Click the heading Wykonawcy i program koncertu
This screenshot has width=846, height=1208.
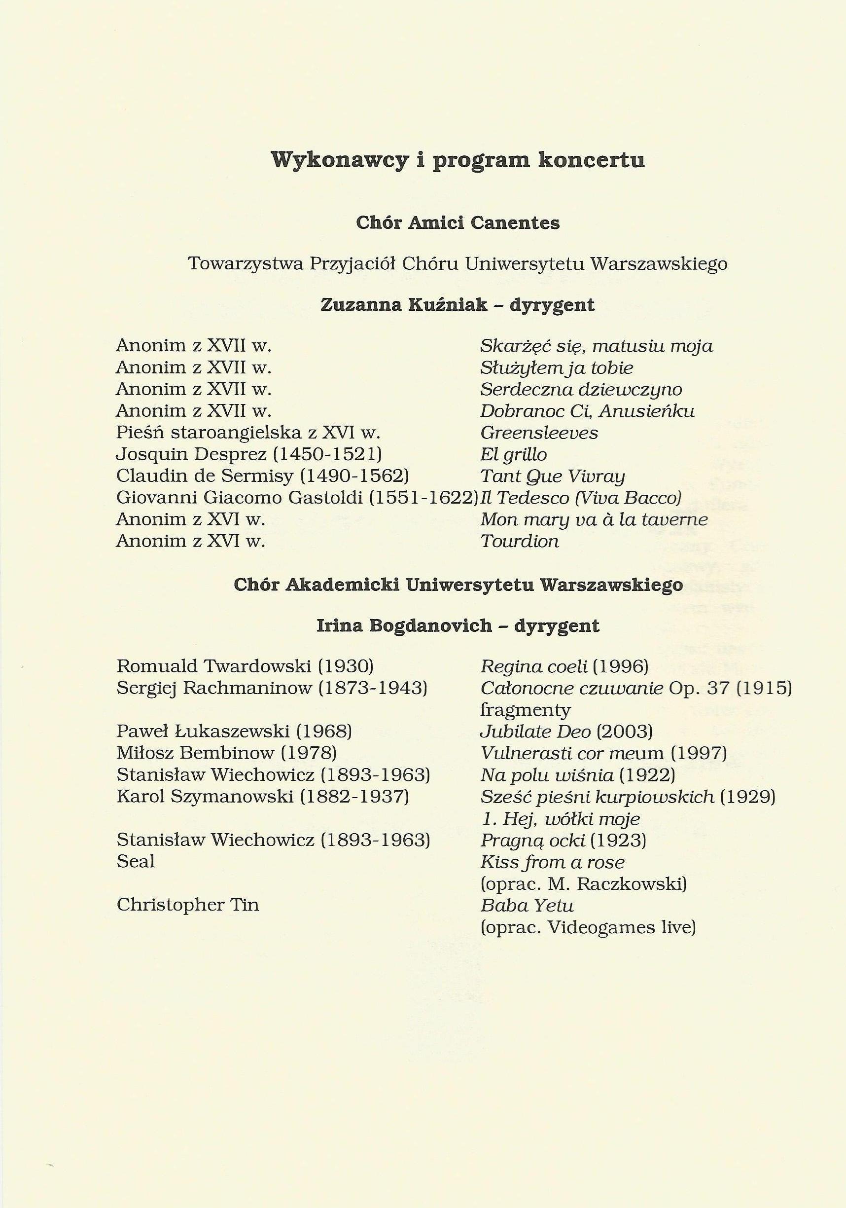(x=458, y=160)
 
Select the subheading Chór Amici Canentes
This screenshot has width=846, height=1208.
(x=458, y=223)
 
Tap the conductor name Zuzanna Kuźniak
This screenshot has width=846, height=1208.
(x=404, y=305)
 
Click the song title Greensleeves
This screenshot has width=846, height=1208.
(x=539, y=433)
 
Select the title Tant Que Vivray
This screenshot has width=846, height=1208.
(x=552, y=476)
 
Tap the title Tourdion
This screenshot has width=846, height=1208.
(x=520, y=542)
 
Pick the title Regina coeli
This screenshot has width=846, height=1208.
(x=533, y=666)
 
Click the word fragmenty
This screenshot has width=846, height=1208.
(x=525, y=710)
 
